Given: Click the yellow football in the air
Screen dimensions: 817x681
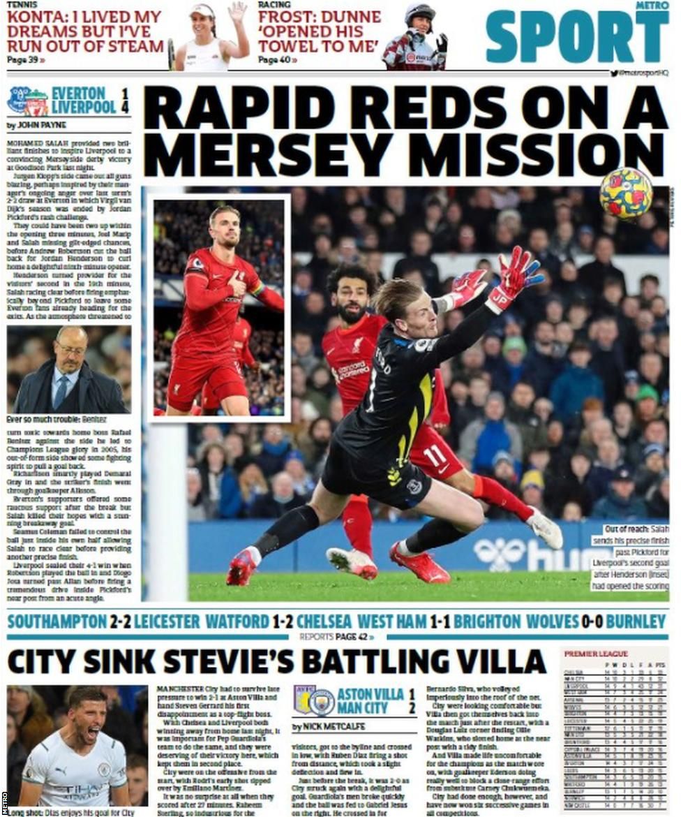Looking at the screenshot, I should [x=626, y=193].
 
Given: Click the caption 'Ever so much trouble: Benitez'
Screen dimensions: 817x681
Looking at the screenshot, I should [x=57, y=420].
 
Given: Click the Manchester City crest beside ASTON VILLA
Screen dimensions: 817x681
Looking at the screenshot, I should [x=322, y=700].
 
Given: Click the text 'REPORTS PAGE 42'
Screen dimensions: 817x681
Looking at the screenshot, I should [x=338, y=637].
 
